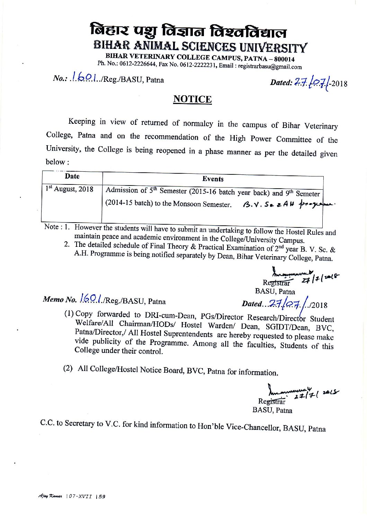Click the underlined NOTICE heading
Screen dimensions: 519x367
point(192,100)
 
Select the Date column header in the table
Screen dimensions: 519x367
point(72,176)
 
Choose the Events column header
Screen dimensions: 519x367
point(213,179)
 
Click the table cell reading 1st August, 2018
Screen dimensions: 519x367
point(70,189)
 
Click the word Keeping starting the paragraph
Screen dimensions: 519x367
point(82,121)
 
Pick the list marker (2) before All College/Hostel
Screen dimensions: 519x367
point(68,368)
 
